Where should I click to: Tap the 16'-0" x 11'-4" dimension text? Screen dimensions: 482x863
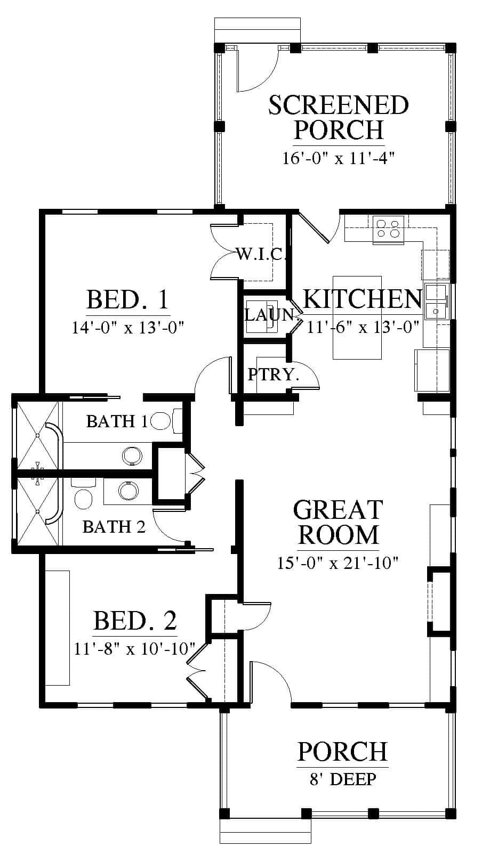pos(338,158)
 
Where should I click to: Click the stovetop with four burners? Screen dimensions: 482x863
pos(388,230)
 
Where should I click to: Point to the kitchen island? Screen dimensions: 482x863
pos(357,317)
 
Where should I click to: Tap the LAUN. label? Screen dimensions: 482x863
pos(271,315)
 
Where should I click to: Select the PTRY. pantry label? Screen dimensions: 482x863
pos(273,374)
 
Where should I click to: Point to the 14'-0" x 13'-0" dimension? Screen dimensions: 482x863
pos(127,328)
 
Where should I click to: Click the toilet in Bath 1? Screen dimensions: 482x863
pos(166,421)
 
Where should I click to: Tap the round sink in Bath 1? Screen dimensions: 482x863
pos(132,456)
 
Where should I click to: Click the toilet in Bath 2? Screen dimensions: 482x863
pos(83,494)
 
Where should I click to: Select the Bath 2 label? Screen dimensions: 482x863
pos(114,527)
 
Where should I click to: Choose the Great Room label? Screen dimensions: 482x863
pos(338,522)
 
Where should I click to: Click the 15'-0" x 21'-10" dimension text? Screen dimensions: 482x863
pos(338,563)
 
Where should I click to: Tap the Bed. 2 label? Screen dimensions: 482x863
pos(135,620)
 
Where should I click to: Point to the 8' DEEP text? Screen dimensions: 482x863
pos(343,779)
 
